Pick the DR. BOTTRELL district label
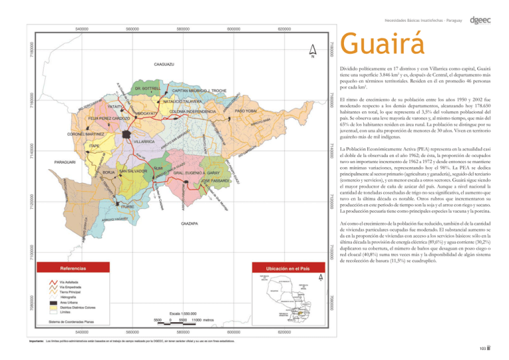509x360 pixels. coord(148,88)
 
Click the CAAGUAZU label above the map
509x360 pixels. coord(164,64)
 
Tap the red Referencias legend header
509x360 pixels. coord(72,269)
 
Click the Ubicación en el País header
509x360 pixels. coord(287,269)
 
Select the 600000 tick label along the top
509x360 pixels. coord(234,29)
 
